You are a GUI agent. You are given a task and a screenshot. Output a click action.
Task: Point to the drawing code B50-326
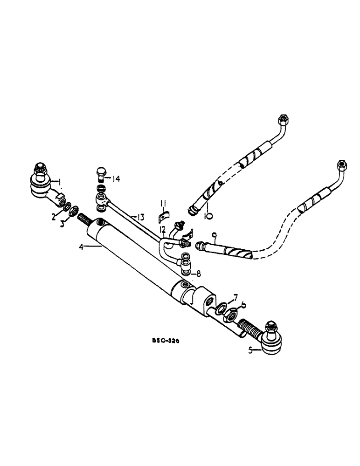(167, 341)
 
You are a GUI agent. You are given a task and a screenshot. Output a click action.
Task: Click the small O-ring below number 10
(209, 216)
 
